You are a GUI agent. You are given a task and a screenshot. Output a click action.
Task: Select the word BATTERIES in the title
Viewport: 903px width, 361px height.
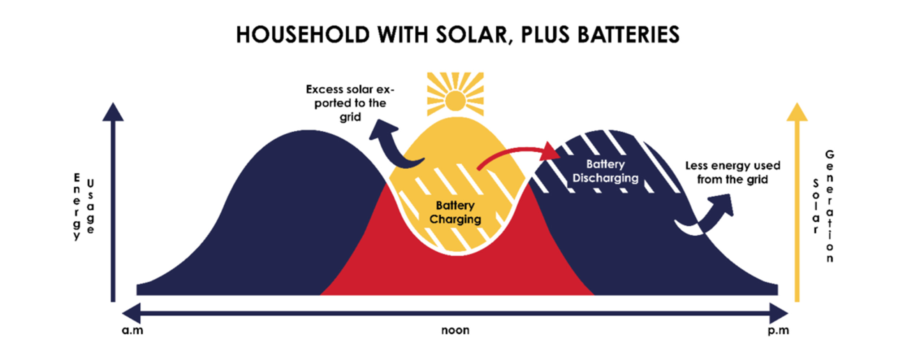[628, 35]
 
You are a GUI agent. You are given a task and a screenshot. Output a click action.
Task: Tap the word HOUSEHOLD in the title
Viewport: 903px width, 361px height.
[303, 35]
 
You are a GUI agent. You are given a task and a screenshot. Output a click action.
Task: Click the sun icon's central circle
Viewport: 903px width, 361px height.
[455, 101]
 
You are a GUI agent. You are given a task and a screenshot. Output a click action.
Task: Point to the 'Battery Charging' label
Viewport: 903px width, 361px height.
[455, 212]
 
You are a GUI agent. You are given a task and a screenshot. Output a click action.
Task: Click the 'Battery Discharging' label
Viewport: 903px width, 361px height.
[605, 171]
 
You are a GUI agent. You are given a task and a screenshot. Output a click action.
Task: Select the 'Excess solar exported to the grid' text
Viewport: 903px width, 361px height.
[350, 103]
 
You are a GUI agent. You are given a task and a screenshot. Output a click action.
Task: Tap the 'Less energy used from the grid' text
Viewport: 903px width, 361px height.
[733, 173]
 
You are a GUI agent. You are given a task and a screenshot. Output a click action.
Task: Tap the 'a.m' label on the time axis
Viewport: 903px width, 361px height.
[133, 330]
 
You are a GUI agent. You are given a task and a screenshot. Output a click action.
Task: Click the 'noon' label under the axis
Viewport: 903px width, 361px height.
[455, 330]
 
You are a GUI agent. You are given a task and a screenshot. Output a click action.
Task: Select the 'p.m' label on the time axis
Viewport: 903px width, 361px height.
[778, 330]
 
